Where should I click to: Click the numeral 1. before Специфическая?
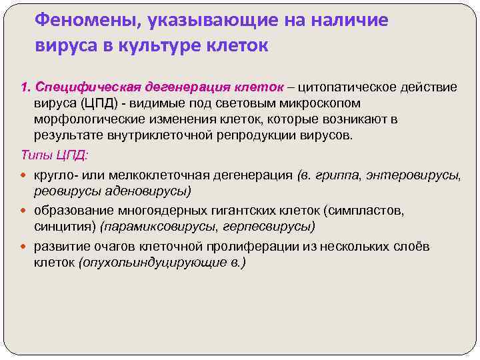(26, 87)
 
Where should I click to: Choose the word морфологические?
(89, 119)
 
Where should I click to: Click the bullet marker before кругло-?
(26, 176)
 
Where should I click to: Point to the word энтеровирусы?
(417, 175)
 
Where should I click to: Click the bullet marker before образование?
(26, 211)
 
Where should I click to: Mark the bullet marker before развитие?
(26, 247)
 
